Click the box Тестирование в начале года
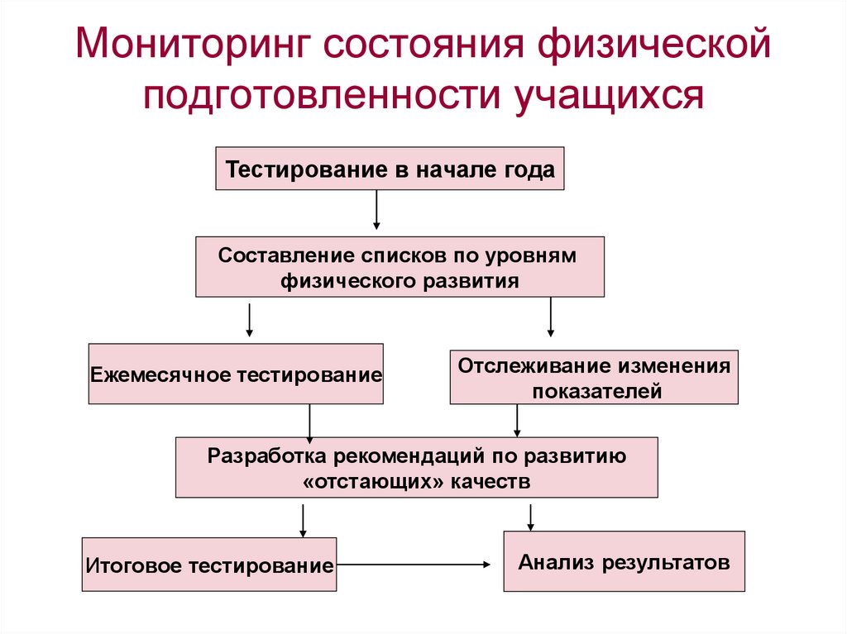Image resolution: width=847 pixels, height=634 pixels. tap(390, 169)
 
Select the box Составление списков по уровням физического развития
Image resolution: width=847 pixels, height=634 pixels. tap(400, 267)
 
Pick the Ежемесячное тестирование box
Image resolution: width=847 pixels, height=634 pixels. tap(236, 374)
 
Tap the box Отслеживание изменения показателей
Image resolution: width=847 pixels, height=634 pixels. tap(594, 377)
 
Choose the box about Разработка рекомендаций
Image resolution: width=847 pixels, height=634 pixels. tap(417, 468)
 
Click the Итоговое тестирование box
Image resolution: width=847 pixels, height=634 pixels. tap(209, 565)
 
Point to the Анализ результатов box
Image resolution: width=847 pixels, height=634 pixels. tap(624, 561)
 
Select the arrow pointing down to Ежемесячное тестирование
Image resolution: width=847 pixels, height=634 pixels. tap(249, 321)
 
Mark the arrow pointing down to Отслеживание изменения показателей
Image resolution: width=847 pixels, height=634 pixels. tap(551, 317)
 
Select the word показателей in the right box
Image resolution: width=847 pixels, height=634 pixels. tap(597, 391)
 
